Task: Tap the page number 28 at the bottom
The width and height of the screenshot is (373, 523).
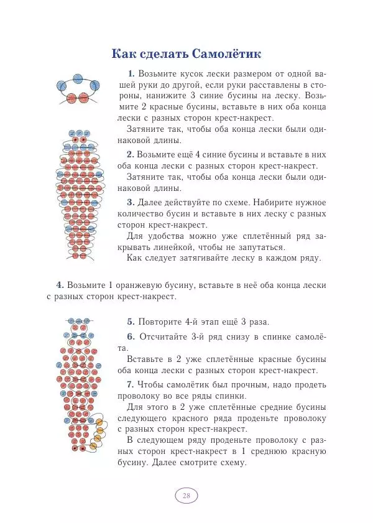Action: (186, 496)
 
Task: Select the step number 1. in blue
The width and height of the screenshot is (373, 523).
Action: (131, 73)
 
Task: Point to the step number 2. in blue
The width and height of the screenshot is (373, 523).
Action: (130, 154)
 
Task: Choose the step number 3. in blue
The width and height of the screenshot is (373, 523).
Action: (130, 202)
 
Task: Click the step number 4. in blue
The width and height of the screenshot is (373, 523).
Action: (60, 285)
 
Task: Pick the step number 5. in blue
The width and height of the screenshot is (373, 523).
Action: (131, 322)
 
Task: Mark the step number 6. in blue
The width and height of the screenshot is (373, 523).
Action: (131, 336)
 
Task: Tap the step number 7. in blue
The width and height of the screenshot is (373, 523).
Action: (131, 384)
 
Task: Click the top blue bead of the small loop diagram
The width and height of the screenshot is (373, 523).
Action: (78, 79)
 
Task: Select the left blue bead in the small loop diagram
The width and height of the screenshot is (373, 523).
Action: (62, 86)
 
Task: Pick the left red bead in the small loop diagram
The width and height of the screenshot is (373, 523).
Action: (71, 98)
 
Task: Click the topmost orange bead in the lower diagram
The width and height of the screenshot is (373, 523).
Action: (98, 423)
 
